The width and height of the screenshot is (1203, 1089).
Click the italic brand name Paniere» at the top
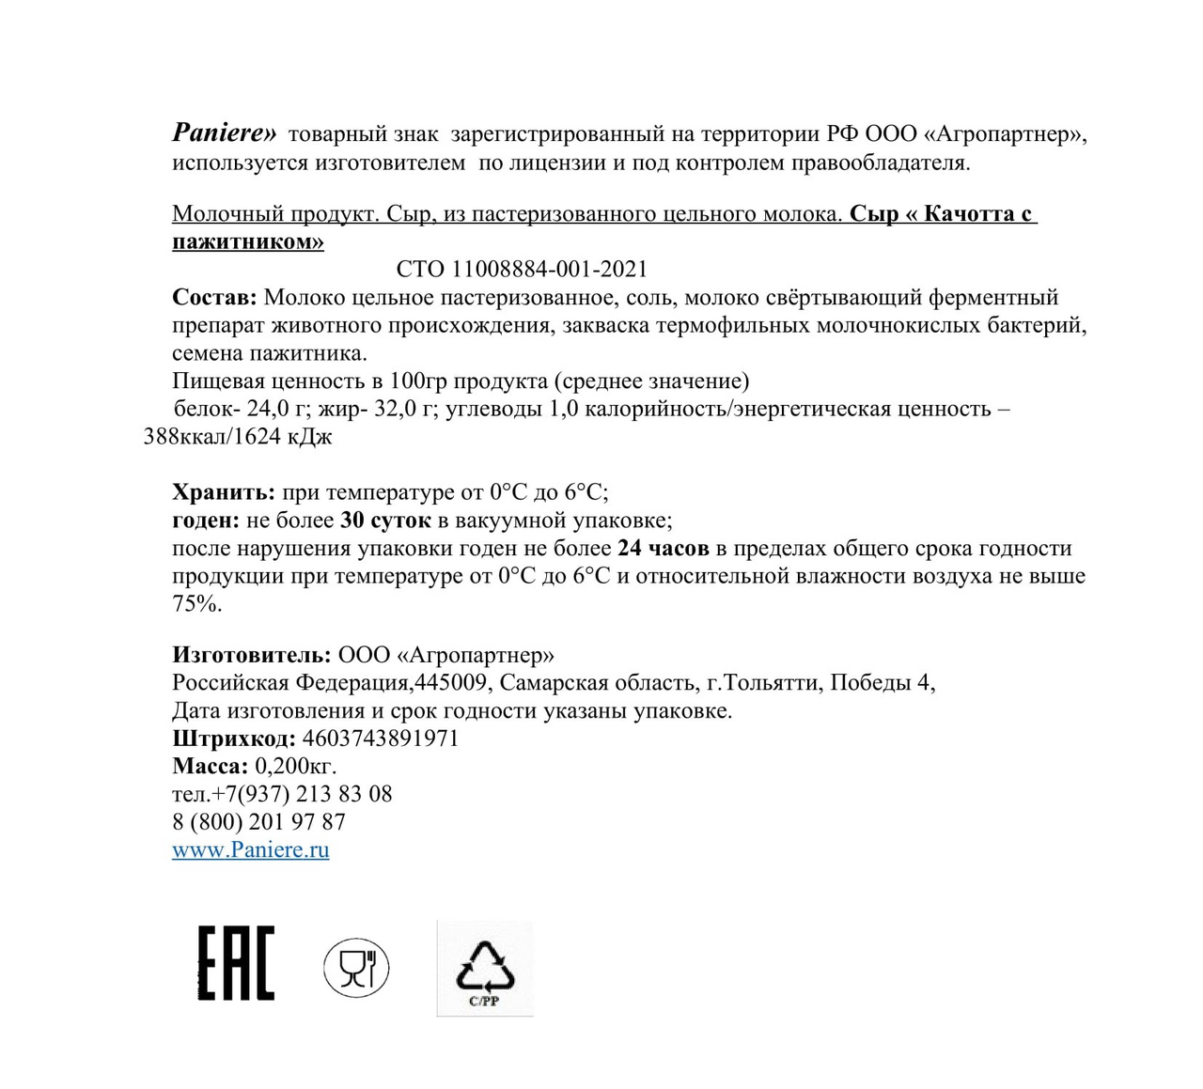(x=225, y=132)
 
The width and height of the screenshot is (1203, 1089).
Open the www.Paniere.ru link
(x=250, y=849)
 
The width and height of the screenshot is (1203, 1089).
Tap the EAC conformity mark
(x=236, y=962)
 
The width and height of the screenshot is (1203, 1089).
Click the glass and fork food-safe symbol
(x=356, y=968)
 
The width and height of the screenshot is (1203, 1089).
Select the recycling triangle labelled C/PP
(x=485, y=969)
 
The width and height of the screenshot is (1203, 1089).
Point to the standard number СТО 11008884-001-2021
(x=522, y=270)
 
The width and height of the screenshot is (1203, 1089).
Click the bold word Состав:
(x=214, y=298)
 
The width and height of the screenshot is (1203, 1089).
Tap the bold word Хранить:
(x=224, y=492)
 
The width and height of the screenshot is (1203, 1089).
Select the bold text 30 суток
(x=385, y=521)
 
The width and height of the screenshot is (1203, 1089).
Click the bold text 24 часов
(x=663, y=548)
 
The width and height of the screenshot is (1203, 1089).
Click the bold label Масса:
(x=210, y=766)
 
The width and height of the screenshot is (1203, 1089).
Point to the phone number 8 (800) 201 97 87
(x=258, y=822)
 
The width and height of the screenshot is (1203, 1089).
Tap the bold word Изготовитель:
(x=251, y=655)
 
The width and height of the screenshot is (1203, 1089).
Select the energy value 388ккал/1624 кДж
(x=238, y=437)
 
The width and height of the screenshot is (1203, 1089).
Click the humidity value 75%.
(x=196, y=604)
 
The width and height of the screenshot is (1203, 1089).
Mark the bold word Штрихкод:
(x=234, y=739)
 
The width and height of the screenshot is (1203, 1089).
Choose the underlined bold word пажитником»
(x=248, y=241)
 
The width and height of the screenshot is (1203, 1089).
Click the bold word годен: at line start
(x=206, y=521)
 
